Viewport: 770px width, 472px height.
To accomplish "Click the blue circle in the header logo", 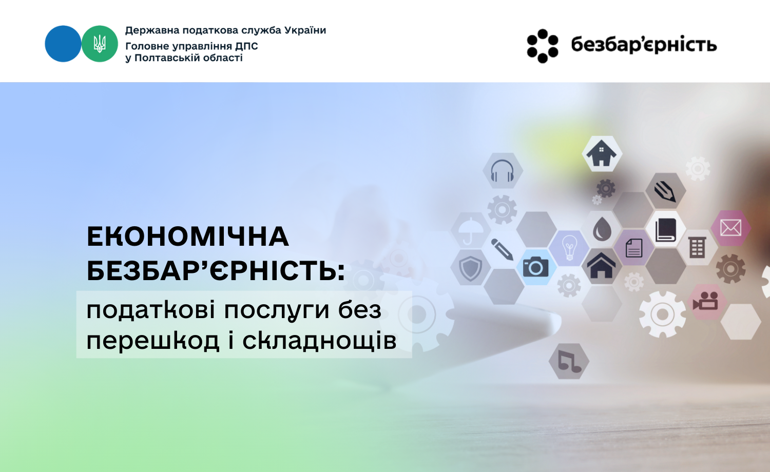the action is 63,44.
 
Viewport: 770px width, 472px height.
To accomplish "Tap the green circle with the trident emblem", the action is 100,44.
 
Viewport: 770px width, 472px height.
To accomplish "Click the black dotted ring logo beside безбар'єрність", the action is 543,46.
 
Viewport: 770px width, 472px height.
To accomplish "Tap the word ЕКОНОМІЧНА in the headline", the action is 188,237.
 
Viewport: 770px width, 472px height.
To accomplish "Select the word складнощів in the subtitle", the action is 319,341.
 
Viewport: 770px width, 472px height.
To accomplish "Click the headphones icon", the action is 502,171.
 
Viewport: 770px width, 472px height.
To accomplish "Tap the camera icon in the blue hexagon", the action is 535,267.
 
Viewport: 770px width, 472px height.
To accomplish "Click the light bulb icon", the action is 569,248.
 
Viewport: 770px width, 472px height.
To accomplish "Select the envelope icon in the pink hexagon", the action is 730,228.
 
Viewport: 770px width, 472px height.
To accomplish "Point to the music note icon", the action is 569,361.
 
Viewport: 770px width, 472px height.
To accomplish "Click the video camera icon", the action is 705,301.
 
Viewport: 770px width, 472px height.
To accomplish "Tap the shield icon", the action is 470,269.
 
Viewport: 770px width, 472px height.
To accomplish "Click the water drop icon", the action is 602,229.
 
